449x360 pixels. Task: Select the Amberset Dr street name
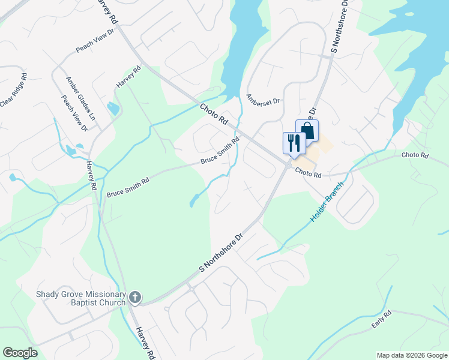[x=264, y=99]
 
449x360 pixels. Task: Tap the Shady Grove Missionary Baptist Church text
[x=81, y=298]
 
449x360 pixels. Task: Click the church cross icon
[x=136, y=297]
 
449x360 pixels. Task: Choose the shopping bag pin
[x=307, y=130]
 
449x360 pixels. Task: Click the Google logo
[x=20, y=353]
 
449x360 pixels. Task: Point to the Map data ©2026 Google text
[x=412, y=355]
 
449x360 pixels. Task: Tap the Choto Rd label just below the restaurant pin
[x=309, y=174]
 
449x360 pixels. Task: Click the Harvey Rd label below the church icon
[x=145, y=342]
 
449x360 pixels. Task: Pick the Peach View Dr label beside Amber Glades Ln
[x=74, y=112]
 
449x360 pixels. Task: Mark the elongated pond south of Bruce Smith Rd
[x=195, y=200]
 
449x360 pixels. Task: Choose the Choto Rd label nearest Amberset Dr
[x=214, y=113]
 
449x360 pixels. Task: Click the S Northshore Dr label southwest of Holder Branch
[x=220, y=252]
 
